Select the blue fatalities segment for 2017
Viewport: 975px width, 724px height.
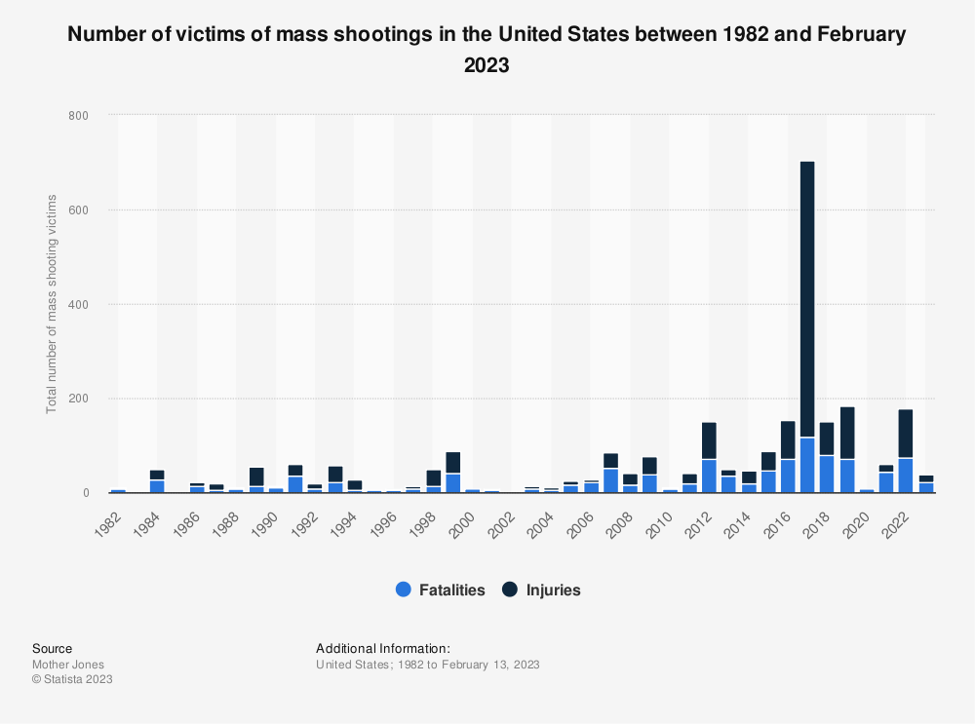807,466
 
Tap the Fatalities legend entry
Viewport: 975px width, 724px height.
440,590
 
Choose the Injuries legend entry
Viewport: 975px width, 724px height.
543,590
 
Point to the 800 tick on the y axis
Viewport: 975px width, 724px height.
78,116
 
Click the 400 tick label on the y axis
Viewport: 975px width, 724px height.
78,305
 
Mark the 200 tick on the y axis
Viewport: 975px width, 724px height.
78,399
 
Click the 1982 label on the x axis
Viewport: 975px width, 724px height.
110,515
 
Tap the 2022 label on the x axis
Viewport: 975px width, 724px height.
898,515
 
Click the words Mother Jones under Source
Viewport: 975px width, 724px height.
68,665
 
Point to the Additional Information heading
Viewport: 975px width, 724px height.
383,648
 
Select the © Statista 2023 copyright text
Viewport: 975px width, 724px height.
72,679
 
